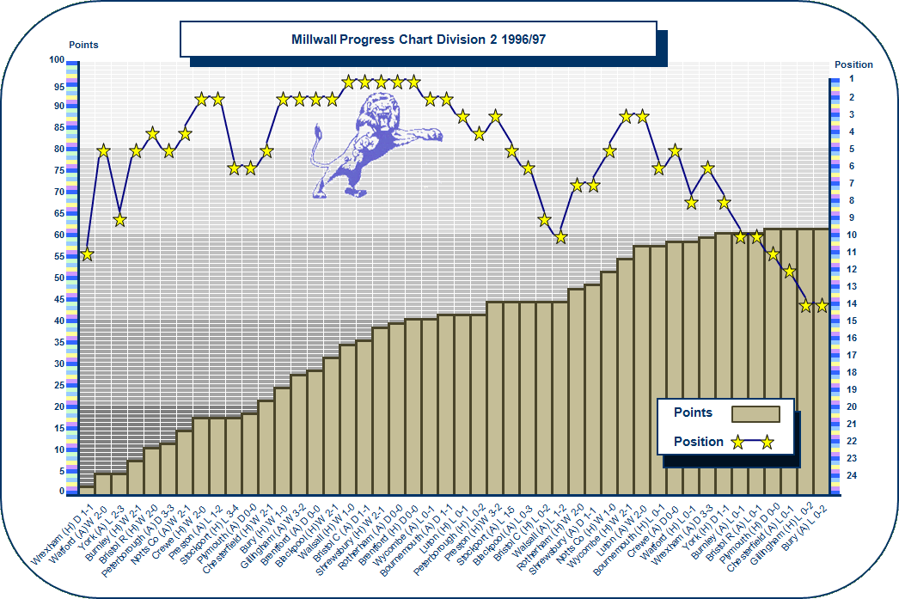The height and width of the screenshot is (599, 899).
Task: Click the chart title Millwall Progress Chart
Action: click(x=418, y=40)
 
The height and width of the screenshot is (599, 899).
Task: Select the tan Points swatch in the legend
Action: click(x=755, y=413)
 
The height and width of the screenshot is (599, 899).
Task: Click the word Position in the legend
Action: click(x=698, y=442)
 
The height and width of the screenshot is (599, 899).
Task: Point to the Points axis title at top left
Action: click(x=83, y=45)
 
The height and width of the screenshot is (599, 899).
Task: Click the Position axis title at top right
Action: click(x=853, y=64)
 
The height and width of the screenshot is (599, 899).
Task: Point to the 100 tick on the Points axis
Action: click(x=57, y=60)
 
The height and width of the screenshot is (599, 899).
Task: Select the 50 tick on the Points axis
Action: click(x=59, y=278)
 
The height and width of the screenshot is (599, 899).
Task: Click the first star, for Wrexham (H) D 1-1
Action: click(x=87, y=254)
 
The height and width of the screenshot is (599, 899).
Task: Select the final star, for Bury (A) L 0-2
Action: click(x=821, y=305)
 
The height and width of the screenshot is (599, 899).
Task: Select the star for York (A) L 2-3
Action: click(x=119, y=220)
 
